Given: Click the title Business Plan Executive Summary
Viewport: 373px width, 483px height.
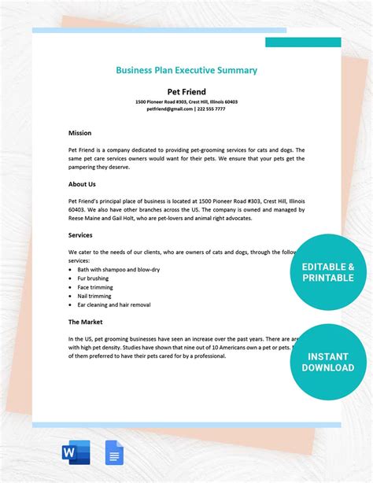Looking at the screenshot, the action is point(186,70).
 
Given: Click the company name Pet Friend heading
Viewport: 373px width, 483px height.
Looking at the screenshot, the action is point(186,91).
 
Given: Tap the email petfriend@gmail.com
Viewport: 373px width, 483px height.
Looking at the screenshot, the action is point(169,109).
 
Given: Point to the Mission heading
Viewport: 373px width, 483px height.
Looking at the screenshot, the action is point(79,133).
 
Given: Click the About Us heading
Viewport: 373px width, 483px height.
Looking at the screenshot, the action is point(82,184).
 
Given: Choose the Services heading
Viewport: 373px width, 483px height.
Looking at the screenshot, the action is point(81,235).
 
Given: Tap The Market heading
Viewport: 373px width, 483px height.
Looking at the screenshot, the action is point(86,322).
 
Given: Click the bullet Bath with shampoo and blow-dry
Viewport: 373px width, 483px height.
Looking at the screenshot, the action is point(113,270).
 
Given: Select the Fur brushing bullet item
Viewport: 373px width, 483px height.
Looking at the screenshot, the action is point(93,278).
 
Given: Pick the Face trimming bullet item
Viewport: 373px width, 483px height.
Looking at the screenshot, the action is point(95,287).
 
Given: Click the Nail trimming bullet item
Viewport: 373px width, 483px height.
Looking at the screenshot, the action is point(94,296).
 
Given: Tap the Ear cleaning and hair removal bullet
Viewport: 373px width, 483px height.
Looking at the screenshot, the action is point(113,304).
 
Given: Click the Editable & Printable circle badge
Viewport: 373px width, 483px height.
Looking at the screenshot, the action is point(328,272).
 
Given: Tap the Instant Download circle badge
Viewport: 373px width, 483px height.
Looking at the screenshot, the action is point(328,362).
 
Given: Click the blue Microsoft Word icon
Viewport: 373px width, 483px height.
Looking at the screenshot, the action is point(75,452).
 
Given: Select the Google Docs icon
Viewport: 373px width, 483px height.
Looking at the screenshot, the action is point(114,452).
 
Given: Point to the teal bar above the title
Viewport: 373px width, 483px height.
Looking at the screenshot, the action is point(303,42).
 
